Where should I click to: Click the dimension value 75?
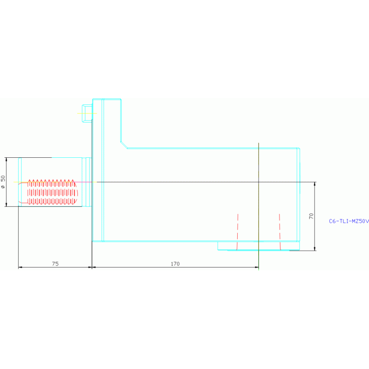pyautogui.click(x=55, y=264)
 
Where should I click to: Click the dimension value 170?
pyautogui.click(x=175, y=264)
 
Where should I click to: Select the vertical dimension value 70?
pyautogui.click(x=311, y=216)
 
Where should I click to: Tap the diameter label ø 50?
pyautogui.click(x=3, y=181)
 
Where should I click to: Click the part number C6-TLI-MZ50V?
pyautogui.click(x=348, y=221)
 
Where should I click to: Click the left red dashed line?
pyautogui.click(x=237, y=231)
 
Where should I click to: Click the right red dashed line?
pyautogui.click(x=280, y=231)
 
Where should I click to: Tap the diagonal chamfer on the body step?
pyautogui.click(x=124, y=144)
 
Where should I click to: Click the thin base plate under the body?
pyautogui.click(x=258, y=246)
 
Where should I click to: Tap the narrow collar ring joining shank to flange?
pyautogui.click(x=87, y=181)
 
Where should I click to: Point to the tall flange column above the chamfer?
pyautogui.click(x=112, y=120)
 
